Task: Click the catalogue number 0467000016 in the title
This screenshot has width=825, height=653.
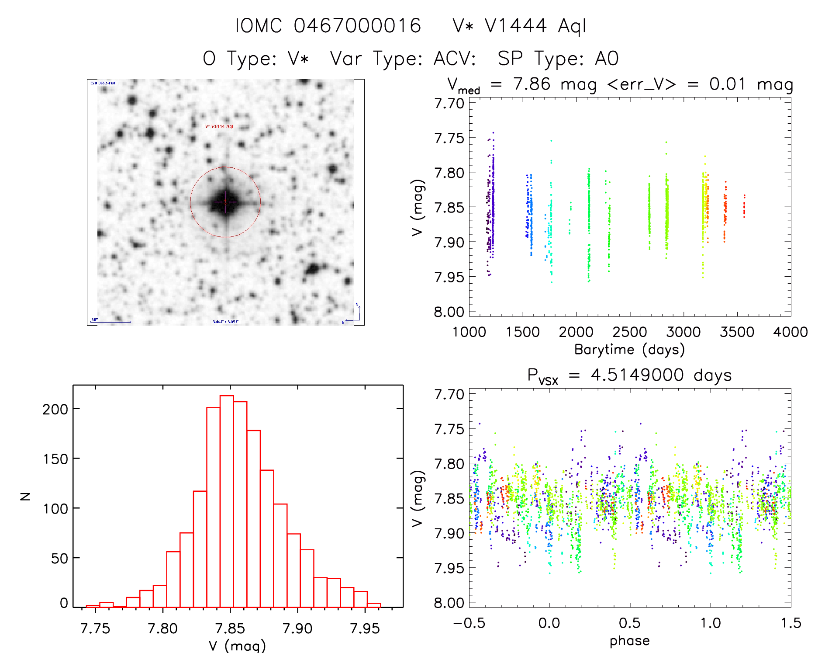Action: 357,26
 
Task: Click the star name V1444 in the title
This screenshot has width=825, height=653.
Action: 515,26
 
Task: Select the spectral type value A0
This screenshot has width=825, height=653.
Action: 607,59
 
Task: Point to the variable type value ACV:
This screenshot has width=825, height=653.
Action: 455,59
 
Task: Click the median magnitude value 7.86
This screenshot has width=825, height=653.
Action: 532,84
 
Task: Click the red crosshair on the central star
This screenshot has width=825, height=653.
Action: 225,201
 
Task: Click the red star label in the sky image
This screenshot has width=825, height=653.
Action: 219,126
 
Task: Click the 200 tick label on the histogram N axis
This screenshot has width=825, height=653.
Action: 55,409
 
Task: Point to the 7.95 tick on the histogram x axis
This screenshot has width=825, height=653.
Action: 365,629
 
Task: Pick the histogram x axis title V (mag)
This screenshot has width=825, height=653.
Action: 237,645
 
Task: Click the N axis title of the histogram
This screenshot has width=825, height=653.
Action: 25,496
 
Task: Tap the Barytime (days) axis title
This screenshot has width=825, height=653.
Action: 629,350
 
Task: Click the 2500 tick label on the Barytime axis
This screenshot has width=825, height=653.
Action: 629,332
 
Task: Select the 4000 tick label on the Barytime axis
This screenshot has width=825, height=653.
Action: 790,332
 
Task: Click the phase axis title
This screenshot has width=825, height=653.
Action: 629,641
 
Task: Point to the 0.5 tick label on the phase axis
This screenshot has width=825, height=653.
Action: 629,623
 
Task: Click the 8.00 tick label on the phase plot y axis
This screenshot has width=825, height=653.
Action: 449,603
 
